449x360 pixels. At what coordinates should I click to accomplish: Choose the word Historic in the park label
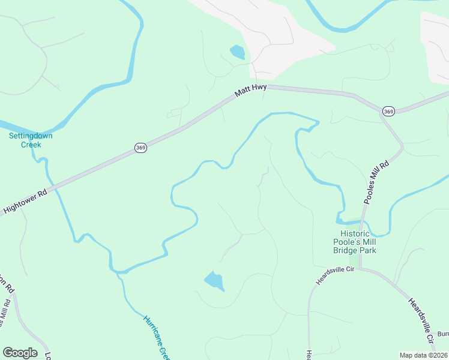(358, 233)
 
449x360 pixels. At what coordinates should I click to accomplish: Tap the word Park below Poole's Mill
(367, 250)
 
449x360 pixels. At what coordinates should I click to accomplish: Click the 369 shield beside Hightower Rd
(140, 148)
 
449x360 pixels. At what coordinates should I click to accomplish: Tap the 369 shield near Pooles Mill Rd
(388, 111)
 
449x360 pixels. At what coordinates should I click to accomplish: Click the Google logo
(20, 353)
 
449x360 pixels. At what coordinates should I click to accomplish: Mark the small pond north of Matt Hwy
(237, 52)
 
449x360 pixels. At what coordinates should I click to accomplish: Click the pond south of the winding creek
(214, 281)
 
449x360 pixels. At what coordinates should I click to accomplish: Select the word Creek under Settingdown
(31, 145)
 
